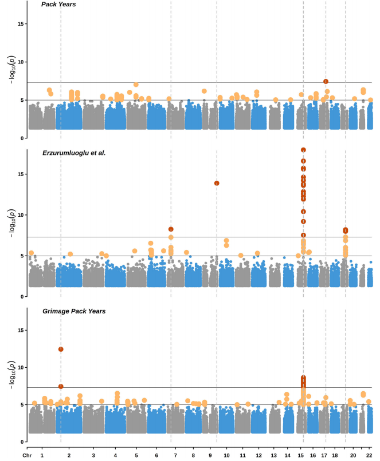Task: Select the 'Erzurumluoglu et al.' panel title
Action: (73, 153)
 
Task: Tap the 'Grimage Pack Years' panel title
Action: (73, 311)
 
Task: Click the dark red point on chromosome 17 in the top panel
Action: (326, 81)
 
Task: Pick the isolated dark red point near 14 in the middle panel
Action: (217, 183)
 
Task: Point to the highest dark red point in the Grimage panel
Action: (61, 349)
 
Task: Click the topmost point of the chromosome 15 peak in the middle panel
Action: (303, 150)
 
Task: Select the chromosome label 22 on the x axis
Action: (369, 455)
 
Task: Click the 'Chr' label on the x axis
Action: (27, 455)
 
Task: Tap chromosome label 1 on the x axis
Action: (42, 455)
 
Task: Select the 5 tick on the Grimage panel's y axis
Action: (21, 405)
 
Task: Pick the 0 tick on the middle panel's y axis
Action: (21, 297)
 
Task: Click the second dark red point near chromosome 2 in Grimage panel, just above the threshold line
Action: (61, 387)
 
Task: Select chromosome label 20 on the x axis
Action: (353, 455)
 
